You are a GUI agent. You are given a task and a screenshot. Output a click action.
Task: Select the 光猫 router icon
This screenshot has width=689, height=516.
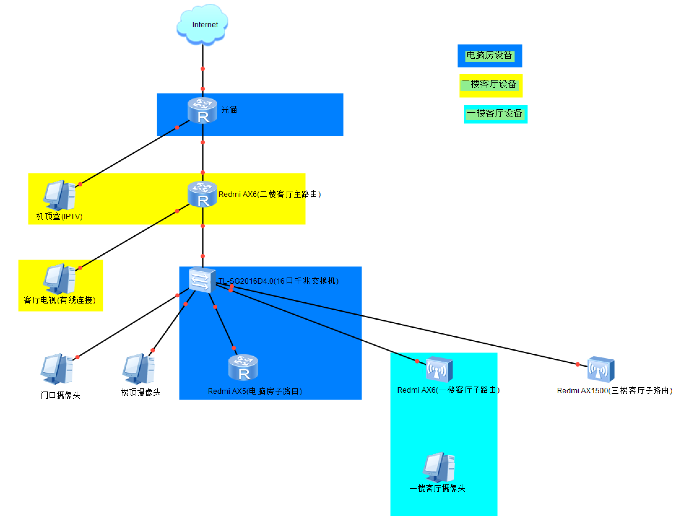[x=202, y=111]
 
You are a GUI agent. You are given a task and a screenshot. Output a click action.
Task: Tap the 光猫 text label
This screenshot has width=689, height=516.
[x=229, y=110]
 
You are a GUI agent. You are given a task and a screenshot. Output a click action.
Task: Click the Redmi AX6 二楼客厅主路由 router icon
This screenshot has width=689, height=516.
[x=202, y=194]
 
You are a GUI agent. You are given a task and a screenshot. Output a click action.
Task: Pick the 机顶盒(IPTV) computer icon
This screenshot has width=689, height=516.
[x=59, y=195]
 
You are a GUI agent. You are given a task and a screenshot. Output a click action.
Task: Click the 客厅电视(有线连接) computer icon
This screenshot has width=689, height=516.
[x=59, y=279]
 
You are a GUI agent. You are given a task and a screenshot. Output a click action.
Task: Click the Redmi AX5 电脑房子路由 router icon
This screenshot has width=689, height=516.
[x=243, y=368]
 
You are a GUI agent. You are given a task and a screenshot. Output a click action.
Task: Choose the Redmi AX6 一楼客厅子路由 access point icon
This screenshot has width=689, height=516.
[x=440, y=370]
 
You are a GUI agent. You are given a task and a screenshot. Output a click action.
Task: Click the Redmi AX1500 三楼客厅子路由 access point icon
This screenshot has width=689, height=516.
[x=601, y=370]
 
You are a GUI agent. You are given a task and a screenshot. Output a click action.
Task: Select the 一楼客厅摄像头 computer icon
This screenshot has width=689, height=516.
[x=439, y=467]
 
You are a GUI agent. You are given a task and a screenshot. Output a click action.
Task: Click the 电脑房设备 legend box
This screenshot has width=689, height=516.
[x=490, y=55]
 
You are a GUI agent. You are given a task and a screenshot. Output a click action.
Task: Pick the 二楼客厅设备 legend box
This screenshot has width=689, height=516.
[x=491, y=85]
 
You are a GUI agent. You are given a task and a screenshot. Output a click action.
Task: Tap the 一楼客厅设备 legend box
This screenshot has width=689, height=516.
[x=495, y=114]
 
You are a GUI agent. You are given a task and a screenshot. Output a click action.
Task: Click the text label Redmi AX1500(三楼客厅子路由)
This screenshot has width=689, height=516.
[x=614, y=391]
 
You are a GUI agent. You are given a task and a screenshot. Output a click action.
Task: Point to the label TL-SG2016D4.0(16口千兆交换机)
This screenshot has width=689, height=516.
[x=278, y=281]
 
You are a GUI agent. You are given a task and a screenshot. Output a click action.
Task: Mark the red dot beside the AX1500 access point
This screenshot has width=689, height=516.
[x=578, y=364]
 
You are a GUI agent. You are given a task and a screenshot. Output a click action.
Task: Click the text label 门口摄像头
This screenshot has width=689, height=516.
[x=60, y=395]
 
